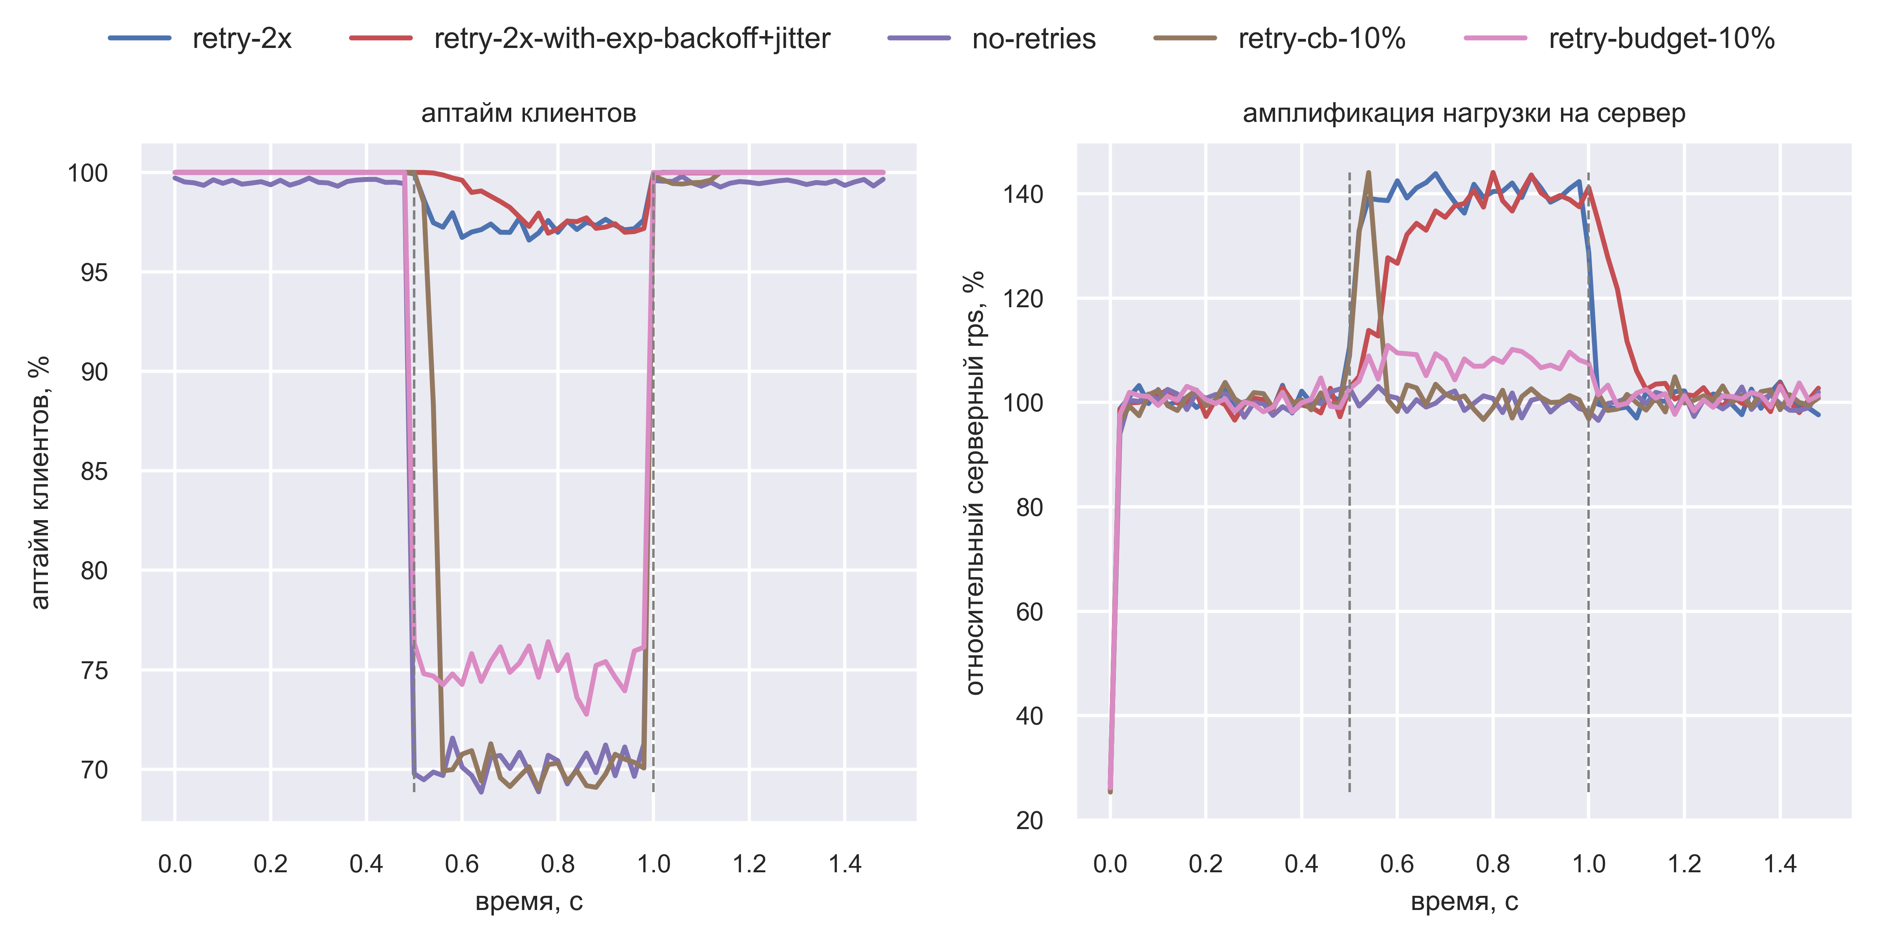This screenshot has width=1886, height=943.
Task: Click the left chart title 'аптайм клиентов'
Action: tap(528, 114)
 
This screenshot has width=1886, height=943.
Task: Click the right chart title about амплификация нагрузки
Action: tap(1464, 114)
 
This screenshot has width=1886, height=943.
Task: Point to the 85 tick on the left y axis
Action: tap(94, 471)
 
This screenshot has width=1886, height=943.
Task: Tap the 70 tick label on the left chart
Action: tap(94, 769)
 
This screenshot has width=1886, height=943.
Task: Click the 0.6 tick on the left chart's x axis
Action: tap(462, 864)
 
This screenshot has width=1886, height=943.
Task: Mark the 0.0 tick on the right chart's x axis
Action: tap(1110, 864)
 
